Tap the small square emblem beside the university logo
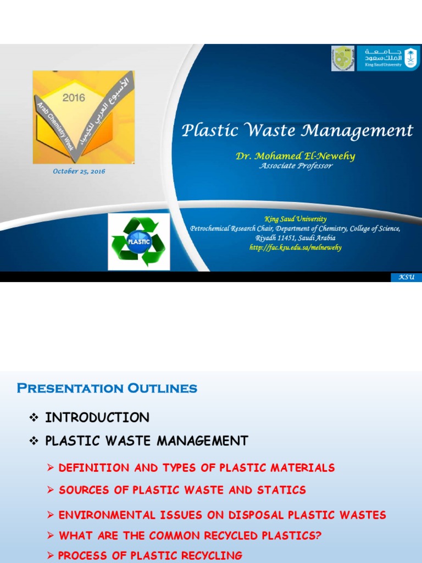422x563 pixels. [x=343, y=58]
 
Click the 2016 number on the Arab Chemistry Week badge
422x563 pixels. [x=73, y=97]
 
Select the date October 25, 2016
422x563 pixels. [x=79, y=171]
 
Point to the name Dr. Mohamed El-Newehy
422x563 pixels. [x=295, y=156]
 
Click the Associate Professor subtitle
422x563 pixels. [x=296, y=166]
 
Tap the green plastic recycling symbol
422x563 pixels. [x=138, y=241]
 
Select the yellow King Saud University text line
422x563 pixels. [x=295, y=219]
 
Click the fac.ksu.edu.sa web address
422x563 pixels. [x=295, y=247]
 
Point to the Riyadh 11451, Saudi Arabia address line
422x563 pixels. [x=295, y=238]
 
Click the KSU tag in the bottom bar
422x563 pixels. [x=406, y=278]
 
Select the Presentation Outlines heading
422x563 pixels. [x=107, y=389]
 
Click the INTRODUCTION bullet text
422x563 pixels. [x=97, y=418]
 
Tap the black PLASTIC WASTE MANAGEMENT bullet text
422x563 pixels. [x=146, y=441]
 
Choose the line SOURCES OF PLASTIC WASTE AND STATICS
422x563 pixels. [x=182, y=490]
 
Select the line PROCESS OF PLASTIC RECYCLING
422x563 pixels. [x=150, y=555]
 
